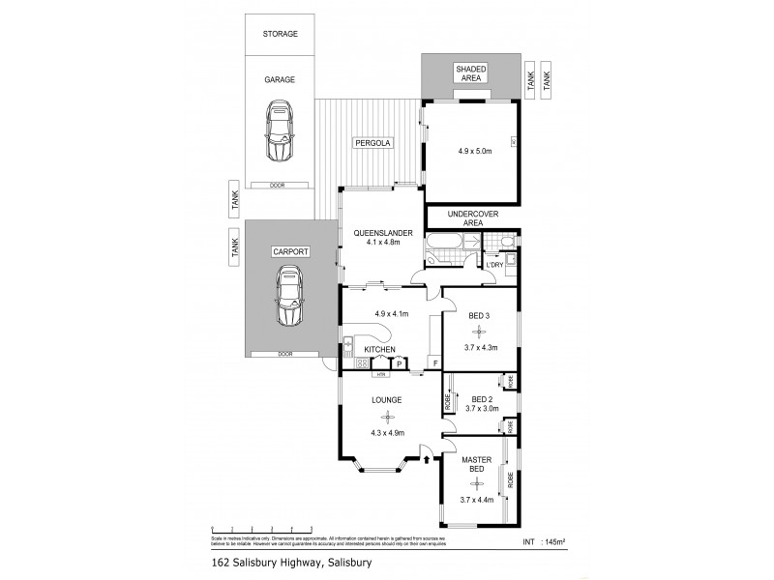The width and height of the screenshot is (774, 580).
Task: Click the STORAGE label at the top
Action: tap(280, 34)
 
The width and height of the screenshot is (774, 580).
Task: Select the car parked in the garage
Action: tap(280, 132)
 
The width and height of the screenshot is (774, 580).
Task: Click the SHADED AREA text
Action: tap(472, 74)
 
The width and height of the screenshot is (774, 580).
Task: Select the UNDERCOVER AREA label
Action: tap(472, 217)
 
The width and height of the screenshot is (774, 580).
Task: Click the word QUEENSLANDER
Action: tap(383, 233)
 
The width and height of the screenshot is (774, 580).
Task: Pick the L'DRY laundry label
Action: tap(494, 265)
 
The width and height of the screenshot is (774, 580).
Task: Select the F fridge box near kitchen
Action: tap(434, 363)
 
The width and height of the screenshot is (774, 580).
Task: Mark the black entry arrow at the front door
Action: tap(427, 459)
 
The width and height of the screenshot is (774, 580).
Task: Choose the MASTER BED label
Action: tap(476, 464)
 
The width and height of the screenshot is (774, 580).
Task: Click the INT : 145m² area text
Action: tap(545, 541)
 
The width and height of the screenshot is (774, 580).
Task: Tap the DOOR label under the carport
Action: tap(284, 354)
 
